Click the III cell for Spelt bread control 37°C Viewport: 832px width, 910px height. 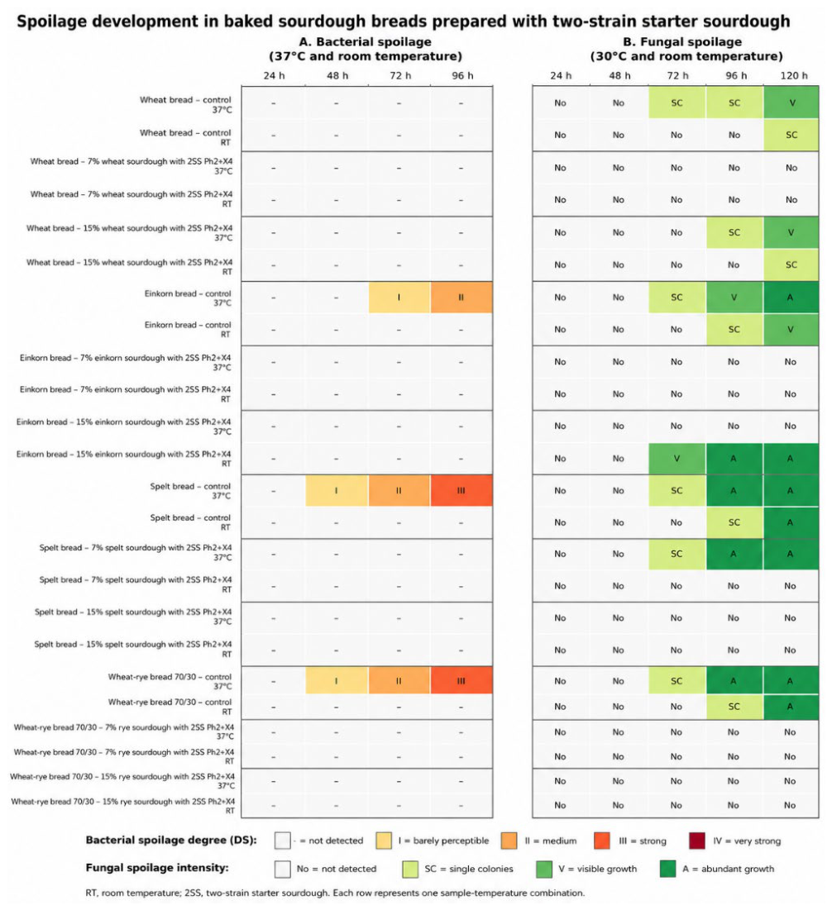tap(461, 490)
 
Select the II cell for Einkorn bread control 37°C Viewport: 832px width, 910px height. tap(461, 298)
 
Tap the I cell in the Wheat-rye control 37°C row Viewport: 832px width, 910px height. tap(337, 681)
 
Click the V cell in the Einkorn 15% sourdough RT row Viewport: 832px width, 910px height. tap(677, 459)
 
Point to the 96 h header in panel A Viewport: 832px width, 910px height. tap(462, 75)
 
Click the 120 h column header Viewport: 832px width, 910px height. tap(794, 75)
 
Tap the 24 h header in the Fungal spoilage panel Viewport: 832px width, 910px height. tap(561, 75)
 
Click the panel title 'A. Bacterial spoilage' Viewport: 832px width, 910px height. tap(366, 42)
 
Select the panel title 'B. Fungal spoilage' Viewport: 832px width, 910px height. tap(682, 42)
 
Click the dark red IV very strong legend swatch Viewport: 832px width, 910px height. tap(696, 841)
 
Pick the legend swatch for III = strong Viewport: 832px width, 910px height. tap(602, 841)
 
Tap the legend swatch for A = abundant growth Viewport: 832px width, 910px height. tap(667, 869)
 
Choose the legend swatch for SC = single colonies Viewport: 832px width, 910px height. tap(410, 869)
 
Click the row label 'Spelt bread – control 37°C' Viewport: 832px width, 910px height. tap(190, 491)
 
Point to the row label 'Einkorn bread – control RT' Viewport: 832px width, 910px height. tap(188, 330)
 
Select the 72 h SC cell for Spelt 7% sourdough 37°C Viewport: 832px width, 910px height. tap(677, 554)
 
